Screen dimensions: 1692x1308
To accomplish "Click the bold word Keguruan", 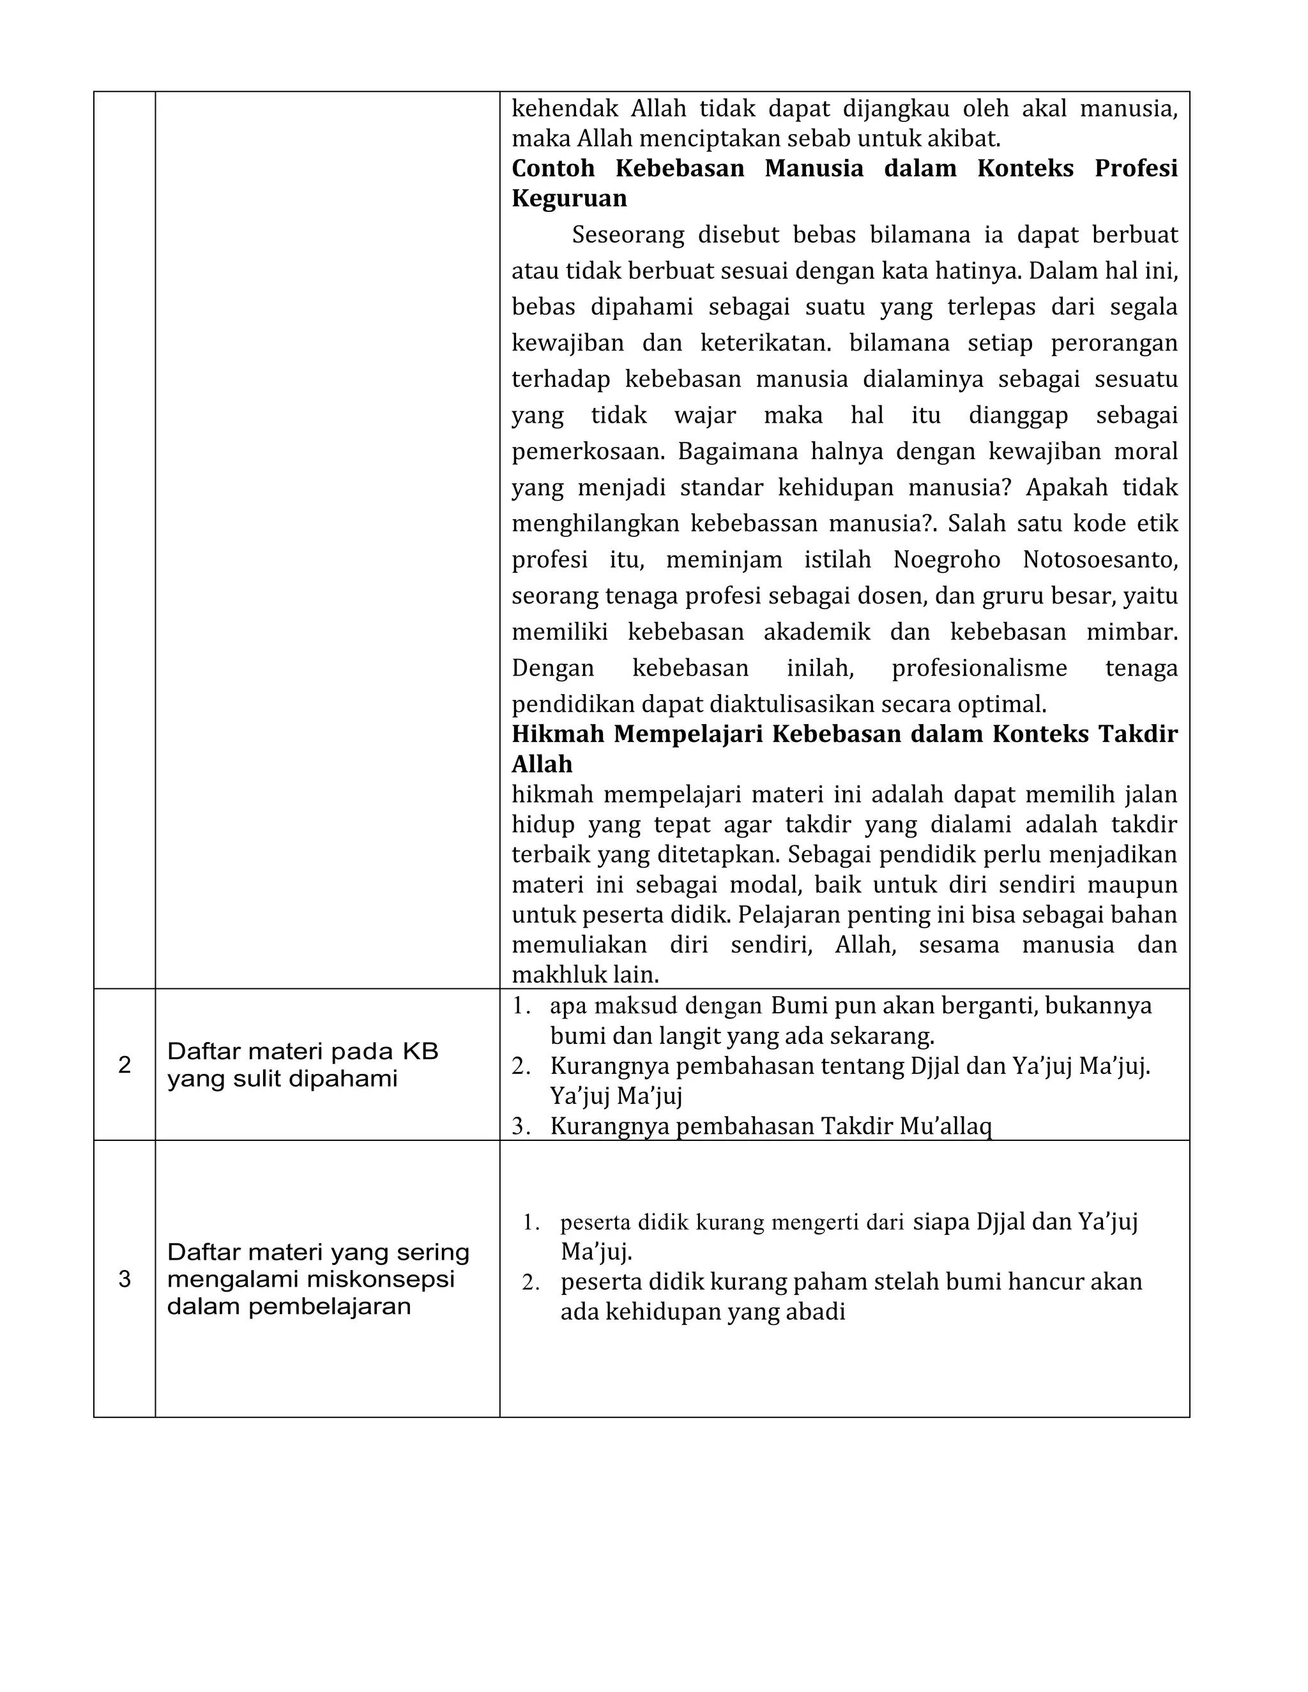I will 569,199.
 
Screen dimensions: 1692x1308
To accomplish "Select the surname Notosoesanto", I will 1100,559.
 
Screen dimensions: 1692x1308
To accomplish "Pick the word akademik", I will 817,632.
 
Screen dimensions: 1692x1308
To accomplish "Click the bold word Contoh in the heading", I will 553,168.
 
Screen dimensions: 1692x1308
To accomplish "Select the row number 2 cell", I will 125,1065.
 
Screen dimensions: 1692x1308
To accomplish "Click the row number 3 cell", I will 125,1279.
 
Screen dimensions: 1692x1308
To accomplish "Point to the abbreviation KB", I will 420,1052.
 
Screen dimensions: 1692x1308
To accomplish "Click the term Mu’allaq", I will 945,1126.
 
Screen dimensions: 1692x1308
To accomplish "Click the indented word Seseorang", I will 628,235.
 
